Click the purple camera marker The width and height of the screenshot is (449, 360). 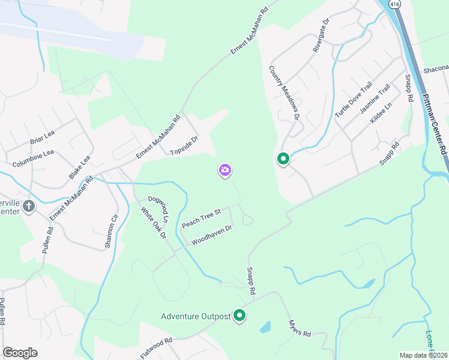click(225, 170)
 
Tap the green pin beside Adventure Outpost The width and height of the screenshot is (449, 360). click(240, 316)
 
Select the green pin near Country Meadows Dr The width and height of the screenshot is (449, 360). click(283, 159)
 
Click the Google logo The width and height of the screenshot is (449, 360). click(20, 353)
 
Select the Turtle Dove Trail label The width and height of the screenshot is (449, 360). click(354, 99)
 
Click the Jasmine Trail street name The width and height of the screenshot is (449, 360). click(375, 100)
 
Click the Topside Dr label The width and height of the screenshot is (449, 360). click(184, 145)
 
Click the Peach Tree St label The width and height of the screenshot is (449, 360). click(202, 217)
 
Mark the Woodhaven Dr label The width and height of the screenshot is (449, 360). click(211, 235)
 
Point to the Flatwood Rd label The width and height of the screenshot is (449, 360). click(156, 348)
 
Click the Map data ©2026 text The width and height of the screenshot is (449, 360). click(423, 355)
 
